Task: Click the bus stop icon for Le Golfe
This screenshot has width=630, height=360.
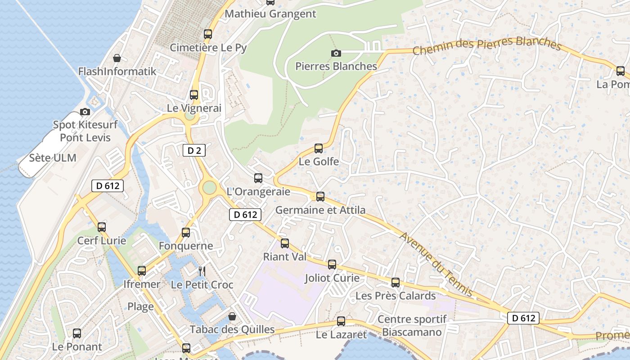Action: pos(319,148)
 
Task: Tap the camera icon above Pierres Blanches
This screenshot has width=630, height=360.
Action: pos(336,53)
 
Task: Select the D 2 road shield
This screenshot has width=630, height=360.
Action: pos(194,150)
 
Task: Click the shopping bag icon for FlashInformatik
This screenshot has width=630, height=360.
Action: pos(117,58)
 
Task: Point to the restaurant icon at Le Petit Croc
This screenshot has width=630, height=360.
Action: pos(202,271)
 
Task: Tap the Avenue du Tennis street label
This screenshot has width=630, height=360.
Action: pos(436,264)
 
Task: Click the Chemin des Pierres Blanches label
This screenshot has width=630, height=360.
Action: pos(486,46)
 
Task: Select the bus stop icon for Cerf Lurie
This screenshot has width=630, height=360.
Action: pos(102,227)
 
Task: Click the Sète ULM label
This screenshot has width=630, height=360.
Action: pos(53,158)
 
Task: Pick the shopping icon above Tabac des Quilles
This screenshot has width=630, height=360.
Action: pos(232,316)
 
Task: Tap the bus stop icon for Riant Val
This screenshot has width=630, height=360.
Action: pos(285,243)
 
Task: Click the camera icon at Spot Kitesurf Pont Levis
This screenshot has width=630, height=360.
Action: pos(85,112)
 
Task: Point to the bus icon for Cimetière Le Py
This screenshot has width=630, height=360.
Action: pos(208,34)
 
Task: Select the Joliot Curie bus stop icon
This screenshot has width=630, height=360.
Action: pos(332,265)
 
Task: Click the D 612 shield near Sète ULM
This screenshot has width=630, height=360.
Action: pos(108,185)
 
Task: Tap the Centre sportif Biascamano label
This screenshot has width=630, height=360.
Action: pos(412,325)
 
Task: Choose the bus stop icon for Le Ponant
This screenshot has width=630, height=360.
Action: pos(77,333)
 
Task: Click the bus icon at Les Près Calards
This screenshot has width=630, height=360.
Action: pos(396,283)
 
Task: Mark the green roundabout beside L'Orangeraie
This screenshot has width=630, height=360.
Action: pos(209,187)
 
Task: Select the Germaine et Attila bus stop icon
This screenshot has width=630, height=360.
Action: pos(320,197)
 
